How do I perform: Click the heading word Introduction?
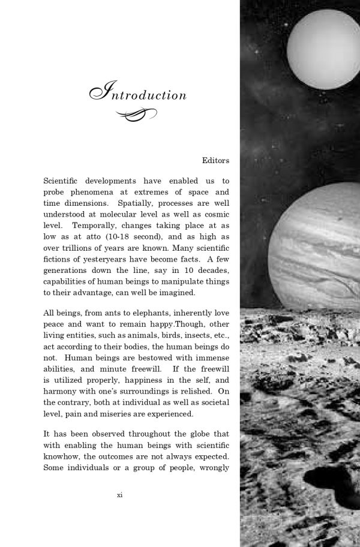click(139, 94)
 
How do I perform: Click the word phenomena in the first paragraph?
click(95, 193)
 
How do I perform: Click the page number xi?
click(120, 512)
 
